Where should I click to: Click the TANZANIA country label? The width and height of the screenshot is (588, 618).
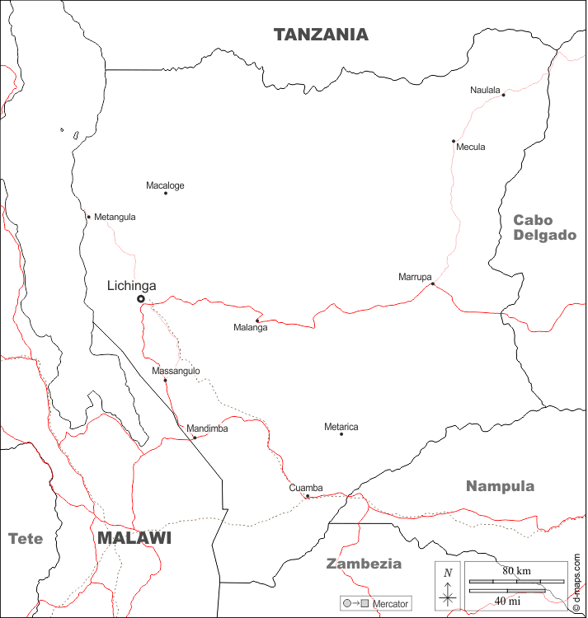click(x=321, y=35)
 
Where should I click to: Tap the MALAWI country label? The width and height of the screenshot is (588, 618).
click(x=134, y=538)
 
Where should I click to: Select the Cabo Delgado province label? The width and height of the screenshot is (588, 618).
click(x=544, y=227)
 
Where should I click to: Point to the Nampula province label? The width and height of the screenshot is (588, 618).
click(x=500, y=486)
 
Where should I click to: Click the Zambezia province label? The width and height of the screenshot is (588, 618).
click(x=364, y=564)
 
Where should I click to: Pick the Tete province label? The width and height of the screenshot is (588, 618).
click(x=26, y=539)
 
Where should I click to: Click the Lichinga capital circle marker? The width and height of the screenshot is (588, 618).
click(x=141, y=299)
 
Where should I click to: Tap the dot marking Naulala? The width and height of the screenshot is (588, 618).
click(x=503, y=95)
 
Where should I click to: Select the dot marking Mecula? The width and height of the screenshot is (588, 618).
click(x=454, y=141)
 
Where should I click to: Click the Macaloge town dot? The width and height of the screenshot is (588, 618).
click(x=166, y=193)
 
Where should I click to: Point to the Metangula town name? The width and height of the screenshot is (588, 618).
click(x=115, y=218)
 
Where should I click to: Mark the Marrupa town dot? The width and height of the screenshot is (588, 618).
click(x=432, y=284)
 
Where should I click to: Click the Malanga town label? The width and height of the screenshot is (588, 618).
click(x=251, y=328)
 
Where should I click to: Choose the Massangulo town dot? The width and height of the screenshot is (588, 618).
click(x=165, y=380)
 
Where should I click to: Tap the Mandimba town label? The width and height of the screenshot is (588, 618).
click(x=207, y=428)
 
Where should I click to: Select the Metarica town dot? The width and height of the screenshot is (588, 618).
click(x=341, y=434)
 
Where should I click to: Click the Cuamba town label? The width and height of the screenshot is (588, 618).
click(x=306, y=488)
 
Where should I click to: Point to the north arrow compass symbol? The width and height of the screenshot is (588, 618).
click(x=448, y=586)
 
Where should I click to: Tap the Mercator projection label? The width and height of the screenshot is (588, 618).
click(x=390, y=604)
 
